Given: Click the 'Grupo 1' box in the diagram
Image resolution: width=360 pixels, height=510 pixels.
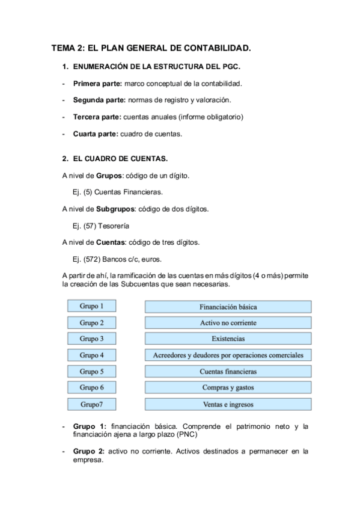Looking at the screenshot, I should pyautogui.click(x=92, y=306).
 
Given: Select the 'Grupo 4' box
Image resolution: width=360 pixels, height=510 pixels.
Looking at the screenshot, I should pyautogui.click(x=92, y=355).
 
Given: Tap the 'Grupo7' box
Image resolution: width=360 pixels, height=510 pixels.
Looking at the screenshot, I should pyautogui.click(x=92, y=404).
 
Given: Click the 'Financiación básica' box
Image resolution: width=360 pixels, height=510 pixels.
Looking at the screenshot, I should pyautogui.click(x=228, y=306).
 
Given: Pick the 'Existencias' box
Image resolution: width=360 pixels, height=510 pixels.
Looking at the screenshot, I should pyautogui.click(x=228, y=339).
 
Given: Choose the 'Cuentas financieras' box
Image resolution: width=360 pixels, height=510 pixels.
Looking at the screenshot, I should pyautogui.click(x=228, y=371).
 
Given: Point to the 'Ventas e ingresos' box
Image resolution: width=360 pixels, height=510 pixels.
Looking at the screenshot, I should pyautogui.click(x=228, y=404).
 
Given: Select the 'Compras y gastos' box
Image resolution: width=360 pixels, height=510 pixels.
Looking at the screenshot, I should pyautogui.click(x=228, y=387).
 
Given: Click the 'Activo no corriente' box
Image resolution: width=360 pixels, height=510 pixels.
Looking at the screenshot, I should pyautogui.click(x=228, y=322).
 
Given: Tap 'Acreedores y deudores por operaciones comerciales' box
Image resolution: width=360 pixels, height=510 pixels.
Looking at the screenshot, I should pyautogui.click(x=228, y=355).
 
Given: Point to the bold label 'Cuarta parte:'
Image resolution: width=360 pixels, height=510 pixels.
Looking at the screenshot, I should pyautogui.click(x=96, y=134).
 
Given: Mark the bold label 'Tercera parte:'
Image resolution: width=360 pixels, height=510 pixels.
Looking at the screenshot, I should pyautogui.click(x=96, y=117).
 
